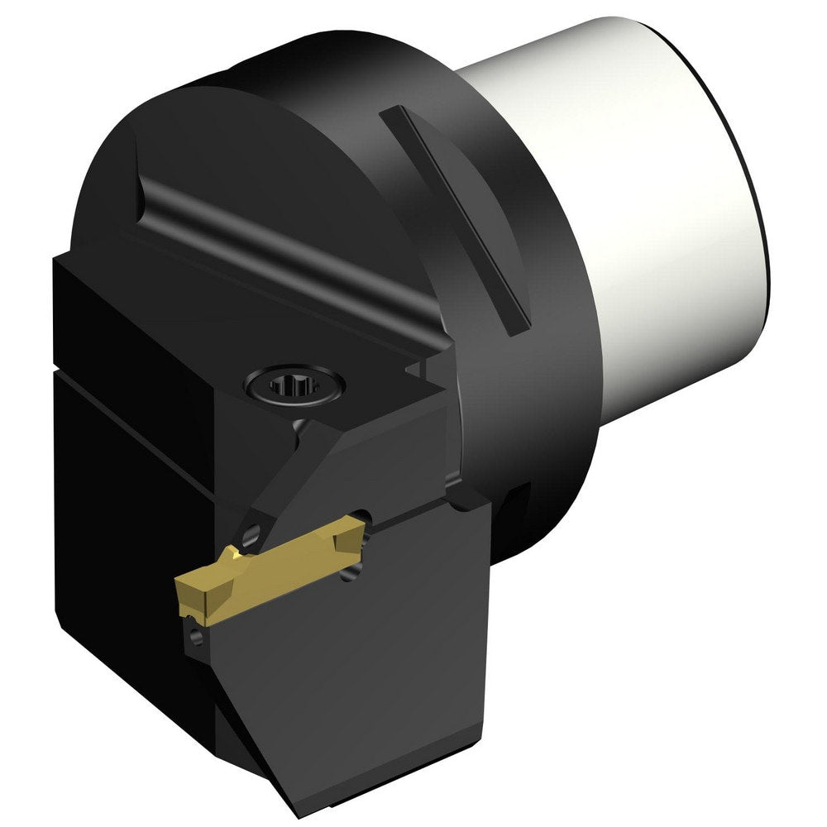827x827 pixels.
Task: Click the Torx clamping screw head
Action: pyautogui.click(x=294, y=385)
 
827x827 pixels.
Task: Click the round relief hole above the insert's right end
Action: pyautogui.click(x=365, y=519)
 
